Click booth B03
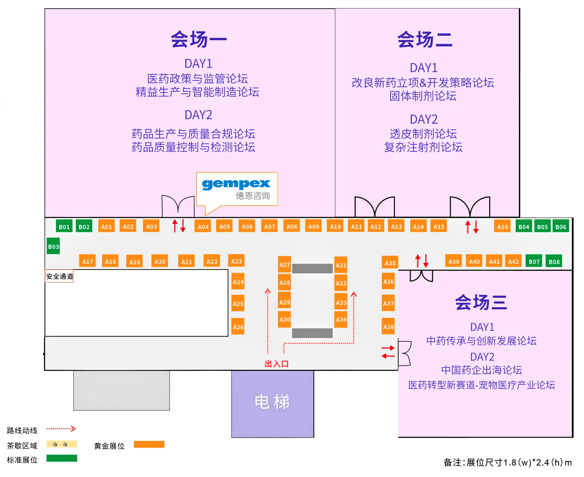tap(53, 246)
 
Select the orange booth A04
tap(203, 226)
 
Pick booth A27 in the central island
tap(284, 264)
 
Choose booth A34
tap(341, 319)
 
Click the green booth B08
tap(554, 261)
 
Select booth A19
tap(135, 261)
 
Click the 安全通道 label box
tap(59, 276)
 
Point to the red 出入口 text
tap(276, 364)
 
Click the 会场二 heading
tap(425, 39)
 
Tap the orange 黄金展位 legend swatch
tap(149, 445)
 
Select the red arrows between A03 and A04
tap(179, 226)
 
